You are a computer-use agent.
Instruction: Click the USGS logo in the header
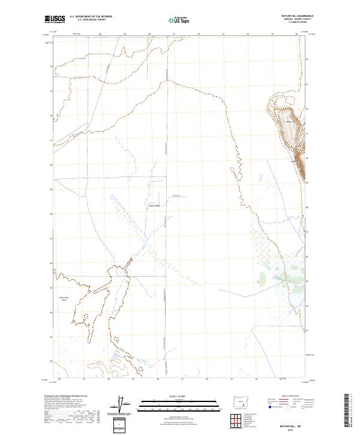pos(55,19)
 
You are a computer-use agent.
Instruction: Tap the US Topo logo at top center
pos(178,20)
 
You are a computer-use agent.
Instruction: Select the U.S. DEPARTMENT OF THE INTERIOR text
pos(91,17)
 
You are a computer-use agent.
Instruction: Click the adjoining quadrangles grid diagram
pos(235,421)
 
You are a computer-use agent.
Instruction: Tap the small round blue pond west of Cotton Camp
pos(112,196)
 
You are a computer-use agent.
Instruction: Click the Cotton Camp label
pos(154,206)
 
